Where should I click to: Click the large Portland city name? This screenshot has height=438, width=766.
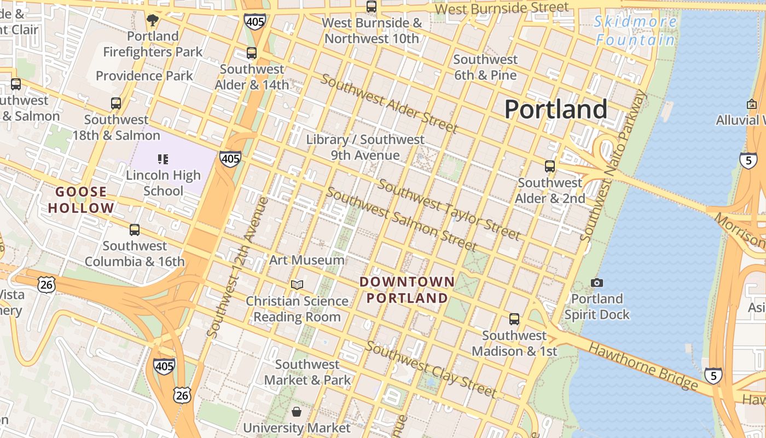point(555,109)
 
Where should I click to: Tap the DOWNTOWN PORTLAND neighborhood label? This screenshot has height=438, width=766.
point(408,290)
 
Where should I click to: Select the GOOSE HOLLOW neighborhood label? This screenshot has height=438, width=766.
point(81,200)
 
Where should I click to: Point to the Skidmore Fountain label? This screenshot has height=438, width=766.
point(636,31)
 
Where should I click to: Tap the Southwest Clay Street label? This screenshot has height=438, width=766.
point(431,370)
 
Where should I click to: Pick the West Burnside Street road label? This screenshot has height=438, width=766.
point(502,9)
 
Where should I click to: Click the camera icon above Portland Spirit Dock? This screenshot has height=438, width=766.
point(597,283)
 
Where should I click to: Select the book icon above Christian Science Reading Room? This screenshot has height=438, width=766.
point(297,285)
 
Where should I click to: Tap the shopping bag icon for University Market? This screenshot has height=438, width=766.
point(297,411)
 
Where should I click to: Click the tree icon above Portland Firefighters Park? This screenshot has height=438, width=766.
point(153,21)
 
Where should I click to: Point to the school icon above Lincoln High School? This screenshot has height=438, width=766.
point(163,159)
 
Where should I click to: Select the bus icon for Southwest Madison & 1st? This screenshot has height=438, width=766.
point(514,319)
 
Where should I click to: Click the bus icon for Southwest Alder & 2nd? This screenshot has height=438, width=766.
point(550,166)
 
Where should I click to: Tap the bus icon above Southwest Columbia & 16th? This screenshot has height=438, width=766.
point(135,230)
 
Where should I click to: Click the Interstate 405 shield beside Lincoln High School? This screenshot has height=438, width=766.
point(230,159)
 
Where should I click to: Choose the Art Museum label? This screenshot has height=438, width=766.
point(307,260)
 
